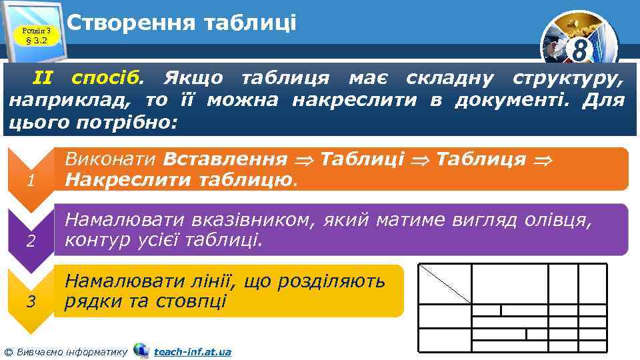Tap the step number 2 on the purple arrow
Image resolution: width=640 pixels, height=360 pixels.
tap(29, 242)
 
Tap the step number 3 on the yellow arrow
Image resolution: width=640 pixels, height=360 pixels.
tap(29, 301)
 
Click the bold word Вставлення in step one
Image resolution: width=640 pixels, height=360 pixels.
tap(225, 159)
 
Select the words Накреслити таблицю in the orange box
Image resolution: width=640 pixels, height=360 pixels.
tap(180, 180)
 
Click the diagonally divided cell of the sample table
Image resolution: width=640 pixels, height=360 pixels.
tap(444, 283)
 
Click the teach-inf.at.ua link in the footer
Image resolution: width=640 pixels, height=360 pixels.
tap(192, 351)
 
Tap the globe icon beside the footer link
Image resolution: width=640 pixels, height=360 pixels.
tap(141, 350)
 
